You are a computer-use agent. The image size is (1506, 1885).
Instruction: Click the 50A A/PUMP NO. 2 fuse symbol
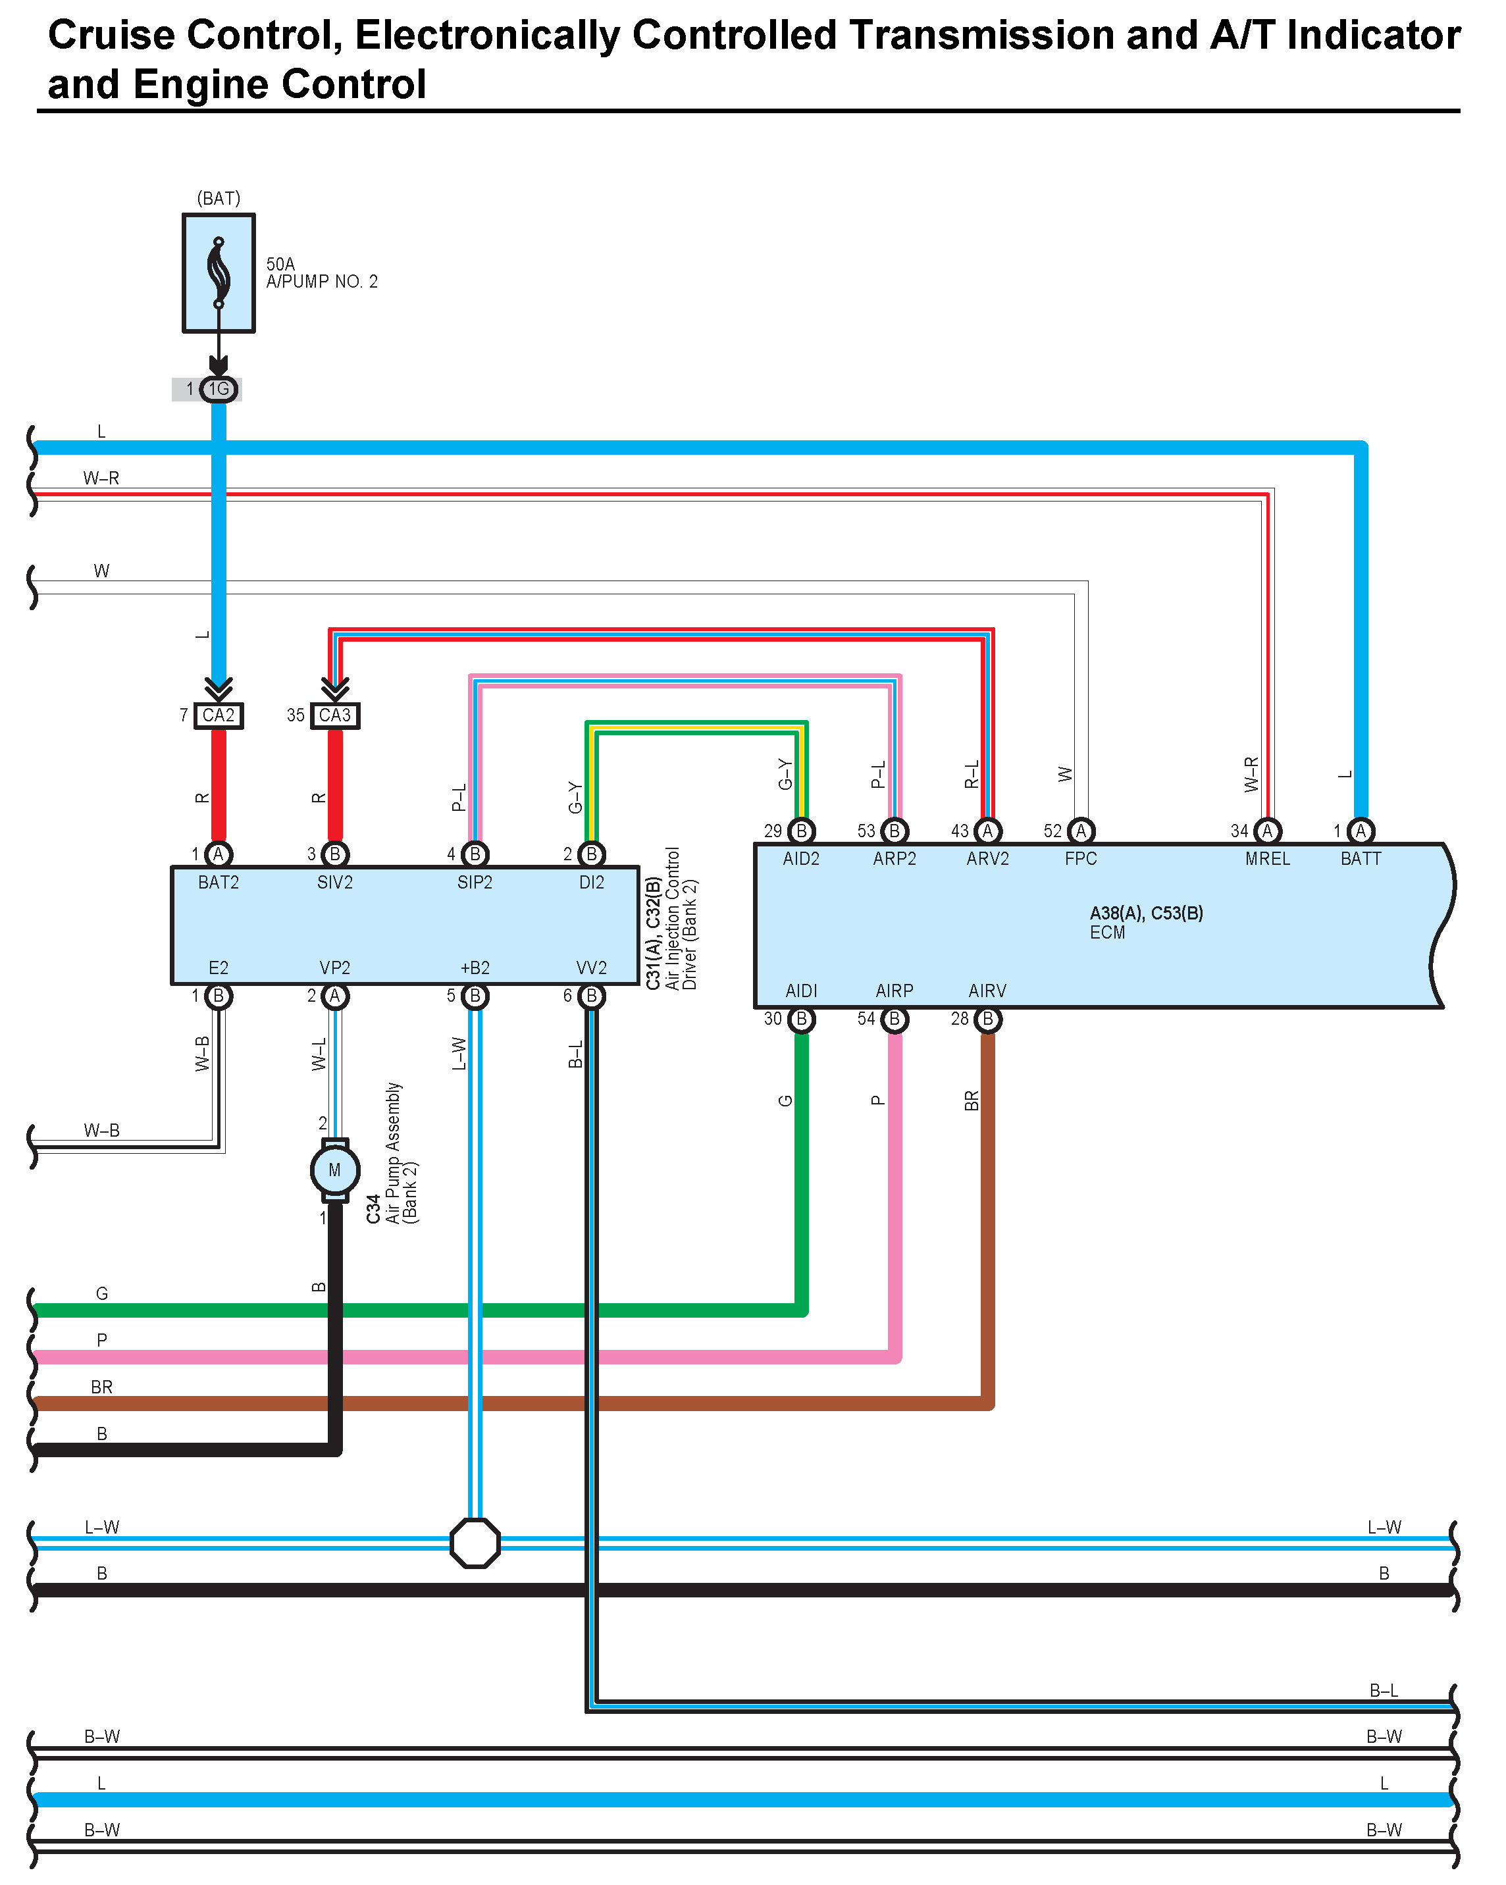coord(219,272)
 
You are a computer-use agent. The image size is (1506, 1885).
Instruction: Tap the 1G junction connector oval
coord(219,389)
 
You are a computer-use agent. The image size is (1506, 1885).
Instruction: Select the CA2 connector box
coord(219,716)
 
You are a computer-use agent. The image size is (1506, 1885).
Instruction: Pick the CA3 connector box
coord(335,716)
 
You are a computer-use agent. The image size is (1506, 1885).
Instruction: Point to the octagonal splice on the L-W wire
coord(475,1543)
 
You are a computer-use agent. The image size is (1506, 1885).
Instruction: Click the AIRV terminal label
coord(988,991)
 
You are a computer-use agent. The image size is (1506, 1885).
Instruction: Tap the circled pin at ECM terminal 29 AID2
coord(802,831)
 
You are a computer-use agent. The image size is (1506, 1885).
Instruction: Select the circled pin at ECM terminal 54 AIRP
coord(895,1020)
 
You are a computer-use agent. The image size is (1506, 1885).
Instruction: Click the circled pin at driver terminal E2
coord(219,996)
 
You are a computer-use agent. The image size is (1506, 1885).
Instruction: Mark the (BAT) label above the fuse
coord(219,199)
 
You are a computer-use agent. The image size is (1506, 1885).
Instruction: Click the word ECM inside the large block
coord(1107,933)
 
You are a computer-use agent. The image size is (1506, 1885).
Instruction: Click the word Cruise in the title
coord(111,36)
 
